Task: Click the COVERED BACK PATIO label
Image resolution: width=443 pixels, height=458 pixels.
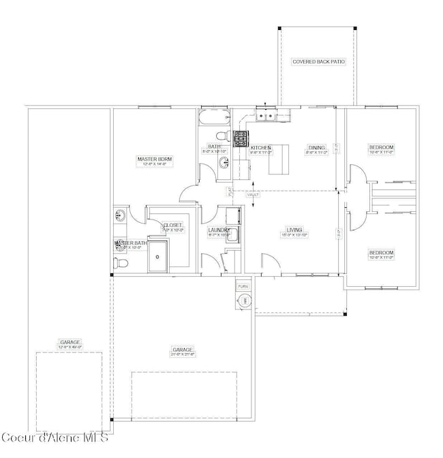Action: [x=318, y=61]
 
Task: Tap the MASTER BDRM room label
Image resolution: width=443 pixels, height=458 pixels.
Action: [x=155, y=159]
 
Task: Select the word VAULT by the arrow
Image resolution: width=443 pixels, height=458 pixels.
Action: [x=254, y=195]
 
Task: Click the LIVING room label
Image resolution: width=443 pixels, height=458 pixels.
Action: [x=294, y=230]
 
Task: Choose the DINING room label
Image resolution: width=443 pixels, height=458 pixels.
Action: [x=316, y=147]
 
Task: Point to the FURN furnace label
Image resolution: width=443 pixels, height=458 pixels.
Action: [x=242, y=287]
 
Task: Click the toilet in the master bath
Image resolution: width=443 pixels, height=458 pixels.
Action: [x=119, y=262]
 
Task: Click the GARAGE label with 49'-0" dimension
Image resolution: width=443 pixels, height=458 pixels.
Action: [x=70, y=342]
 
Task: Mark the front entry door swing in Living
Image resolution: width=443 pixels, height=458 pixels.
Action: [x=267, y=262]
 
